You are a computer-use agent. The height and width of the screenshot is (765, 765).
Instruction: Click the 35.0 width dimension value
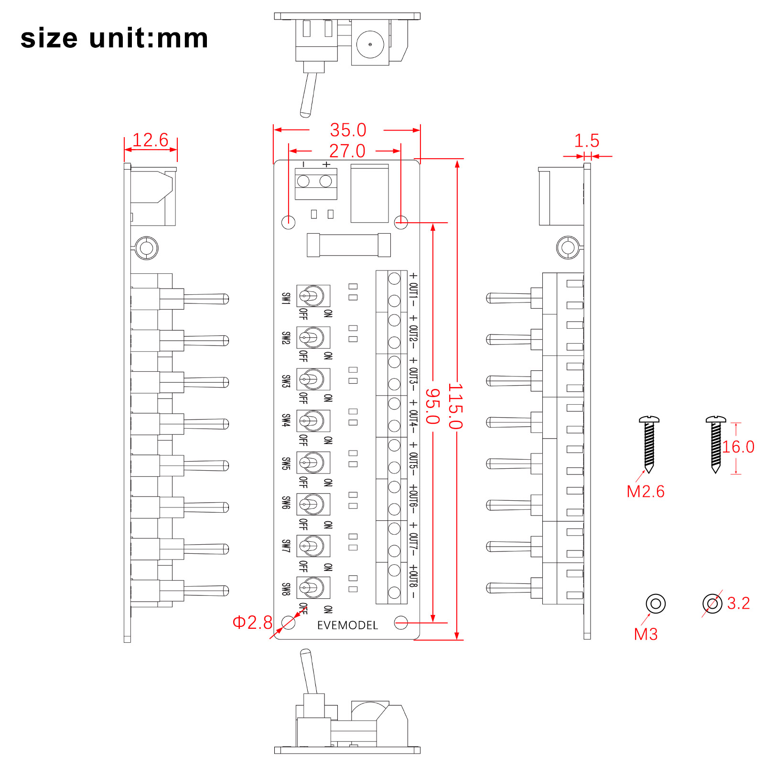(x=348, y=130)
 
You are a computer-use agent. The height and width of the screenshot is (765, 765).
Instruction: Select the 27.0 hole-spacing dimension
(x=347, y=151)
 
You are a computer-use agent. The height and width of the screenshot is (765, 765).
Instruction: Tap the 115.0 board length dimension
(x=455, y=406)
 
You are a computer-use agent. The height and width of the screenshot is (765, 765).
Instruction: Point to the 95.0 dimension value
(x=432, y=406)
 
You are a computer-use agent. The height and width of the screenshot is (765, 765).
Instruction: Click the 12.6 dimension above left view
(x=151, y=140)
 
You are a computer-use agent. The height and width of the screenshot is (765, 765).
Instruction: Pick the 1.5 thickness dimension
(x=586, y=141)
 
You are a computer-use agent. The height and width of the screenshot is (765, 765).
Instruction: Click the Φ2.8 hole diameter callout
(x=252, y=622)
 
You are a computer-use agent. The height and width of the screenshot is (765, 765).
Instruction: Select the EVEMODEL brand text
(x=347, y=625)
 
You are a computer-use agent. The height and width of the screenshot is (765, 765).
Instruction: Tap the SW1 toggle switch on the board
(x=313, y=296)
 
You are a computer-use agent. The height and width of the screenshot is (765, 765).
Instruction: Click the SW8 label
(x=286, y=589)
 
